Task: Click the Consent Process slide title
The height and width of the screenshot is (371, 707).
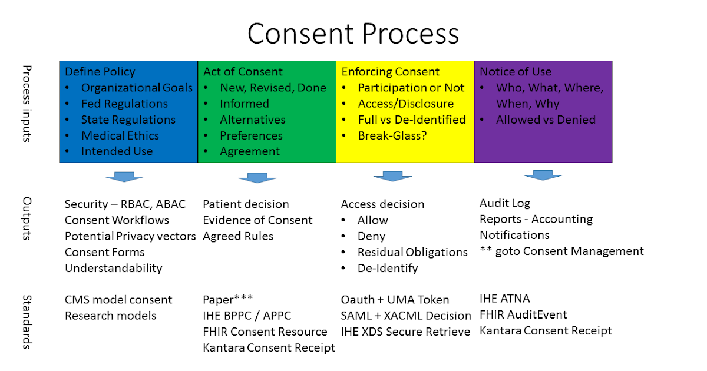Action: click(x=353, y=33)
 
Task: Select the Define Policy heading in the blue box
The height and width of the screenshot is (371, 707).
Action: click(x=100, y=72)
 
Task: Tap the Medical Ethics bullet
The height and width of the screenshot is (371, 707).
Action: click(x=120, y=135)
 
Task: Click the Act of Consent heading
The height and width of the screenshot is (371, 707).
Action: click(x=243, y=72)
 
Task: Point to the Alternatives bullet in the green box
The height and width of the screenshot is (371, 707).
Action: click(x=252, y=120)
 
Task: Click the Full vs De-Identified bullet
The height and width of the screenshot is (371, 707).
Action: click(x=411, y=120)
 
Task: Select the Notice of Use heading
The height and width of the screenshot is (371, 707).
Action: click(x=516, y=72)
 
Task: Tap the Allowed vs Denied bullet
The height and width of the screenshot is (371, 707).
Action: click(x=546, y=120)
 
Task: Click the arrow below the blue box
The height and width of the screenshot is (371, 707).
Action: click(x=124, y=177)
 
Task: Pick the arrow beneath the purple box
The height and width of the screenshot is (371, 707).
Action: click(x=543, y=175)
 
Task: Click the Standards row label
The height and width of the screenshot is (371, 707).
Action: click(x=27, y=322)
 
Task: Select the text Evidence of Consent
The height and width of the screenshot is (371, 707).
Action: click(x=257, y=220)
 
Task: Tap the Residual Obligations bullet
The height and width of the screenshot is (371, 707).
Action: click(x=412, y=252)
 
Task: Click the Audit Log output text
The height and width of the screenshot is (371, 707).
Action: click(x=505, y=203)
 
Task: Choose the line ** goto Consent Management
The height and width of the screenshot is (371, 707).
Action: click(x=561, y=251)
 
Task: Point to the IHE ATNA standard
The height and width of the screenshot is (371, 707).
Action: click(x=505, y=299)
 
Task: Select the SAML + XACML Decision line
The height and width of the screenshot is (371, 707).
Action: click(x=406, y=316)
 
